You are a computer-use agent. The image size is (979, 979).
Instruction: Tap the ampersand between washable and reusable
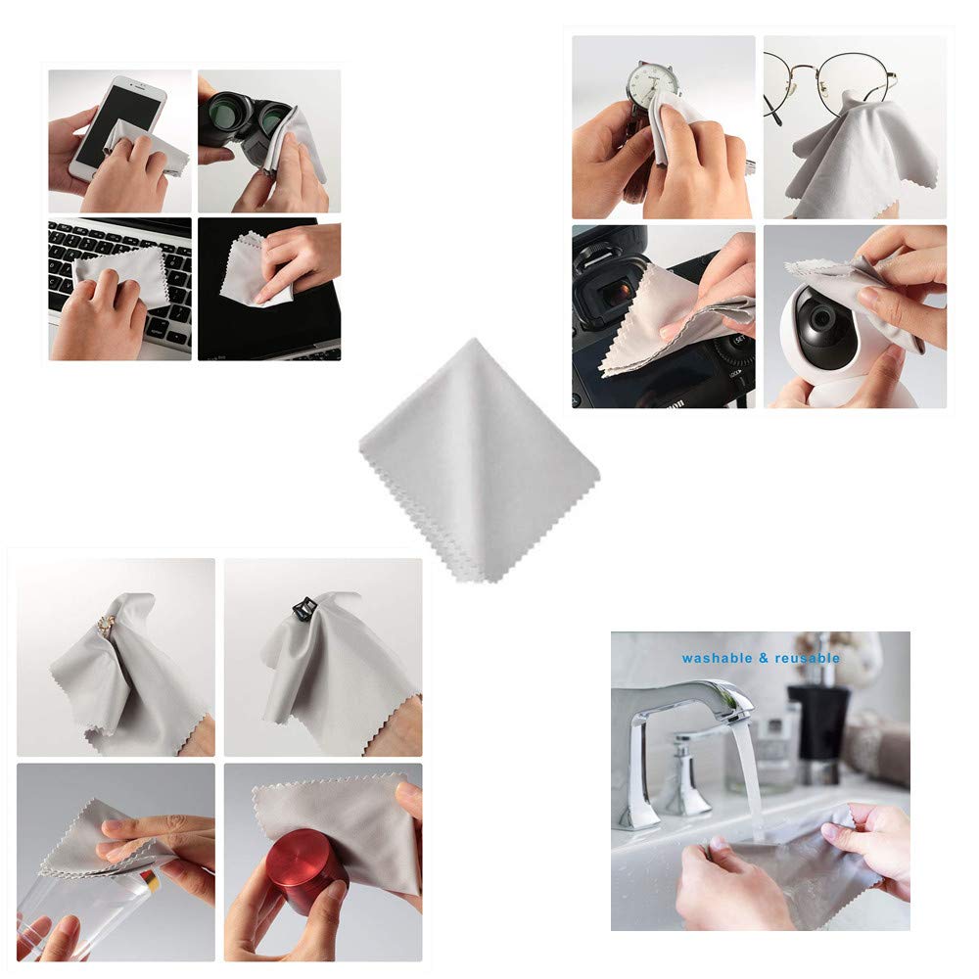(x=762, y=659)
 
